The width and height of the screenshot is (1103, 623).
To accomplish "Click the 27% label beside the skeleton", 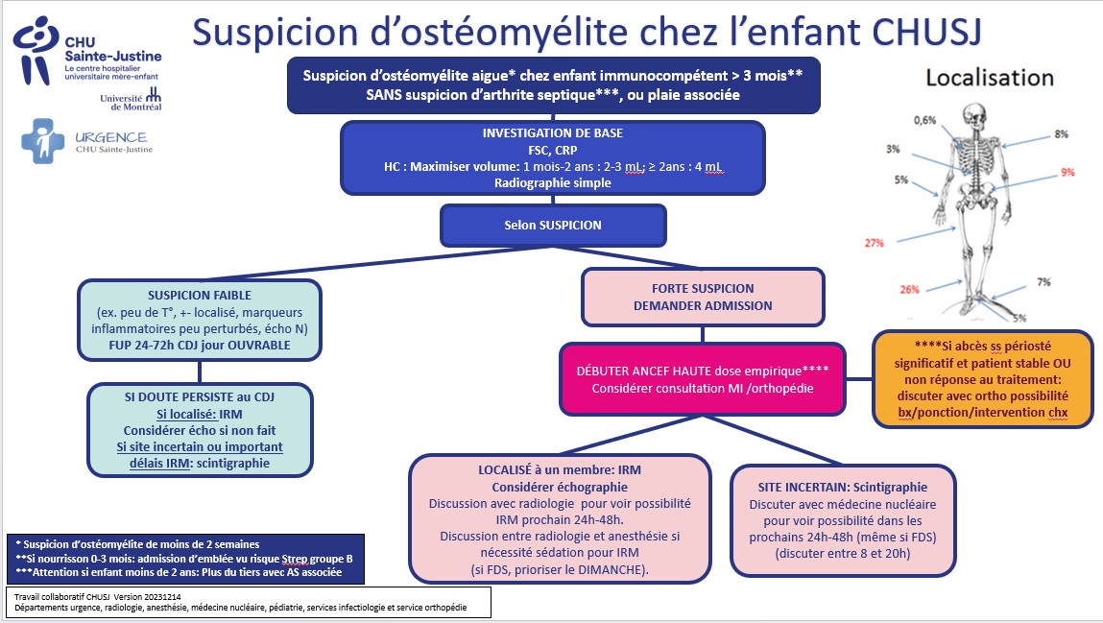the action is pos(875,243).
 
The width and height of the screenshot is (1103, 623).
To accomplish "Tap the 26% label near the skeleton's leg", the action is pos(909,290).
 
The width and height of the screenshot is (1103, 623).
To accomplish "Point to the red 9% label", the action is pos(1067,172).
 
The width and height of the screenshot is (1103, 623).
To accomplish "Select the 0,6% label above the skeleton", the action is pos(925,120).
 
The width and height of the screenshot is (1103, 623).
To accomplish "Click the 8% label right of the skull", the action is pos(1062,134).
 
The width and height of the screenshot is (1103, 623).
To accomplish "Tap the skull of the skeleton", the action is pos(974,116).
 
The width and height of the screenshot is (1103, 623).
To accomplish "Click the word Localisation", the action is pos(990,78).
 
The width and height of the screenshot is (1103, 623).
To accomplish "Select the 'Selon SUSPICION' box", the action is pos(553,226).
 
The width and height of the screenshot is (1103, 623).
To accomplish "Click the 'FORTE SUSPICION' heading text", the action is pos(703,288).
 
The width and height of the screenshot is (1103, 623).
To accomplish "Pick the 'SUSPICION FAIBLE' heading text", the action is pos(200,296).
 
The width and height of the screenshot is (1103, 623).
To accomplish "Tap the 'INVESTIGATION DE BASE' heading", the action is pos(553,132).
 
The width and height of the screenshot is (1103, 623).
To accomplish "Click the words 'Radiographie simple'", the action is pos(553,182).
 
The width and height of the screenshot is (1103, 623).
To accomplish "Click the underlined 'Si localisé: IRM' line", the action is pos(200,414).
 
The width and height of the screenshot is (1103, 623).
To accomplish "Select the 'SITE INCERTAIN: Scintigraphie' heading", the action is pos(843,488).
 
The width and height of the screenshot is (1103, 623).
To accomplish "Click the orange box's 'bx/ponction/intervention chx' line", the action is pos(983,413).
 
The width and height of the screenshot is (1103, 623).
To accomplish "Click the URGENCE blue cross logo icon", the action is pos(43,141).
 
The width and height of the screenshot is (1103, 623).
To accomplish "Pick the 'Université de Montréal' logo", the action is pos(132,101).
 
